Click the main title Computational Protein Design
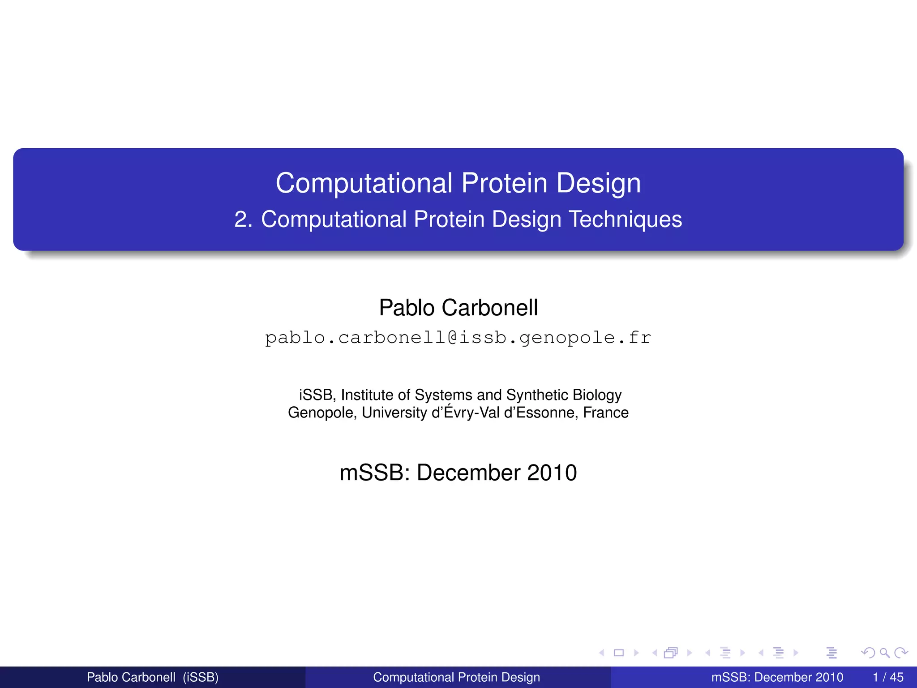pyautogui.click(x=458, y=183)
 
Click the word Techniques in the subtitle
pyautogui.click(x=625, y=219)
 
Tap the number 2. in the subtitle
pyautogui.click(x=243, y=219)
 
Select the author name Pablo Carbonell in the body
pyautogui.click(x=458, y=308)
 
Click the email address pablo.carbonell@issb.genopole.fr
pyautogui.click(x=458, y=338)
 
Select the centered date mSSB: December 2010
pyautogui.click(x=458, y=473)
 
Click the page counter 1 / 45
pyautogui.click(x=888, y=677)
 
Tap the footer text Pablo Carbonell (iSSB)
pyautogui.click(x=152, y=677)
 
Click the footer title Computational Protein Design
pyautogui.click(x=456, y=677)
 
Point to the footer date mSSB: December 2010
pyautogui.click(x=777, y=677)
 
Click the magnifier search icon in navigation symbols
pyautogui.click(x=884, y=653)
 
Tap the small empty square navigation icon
pyautogui.click(x=619, y=653)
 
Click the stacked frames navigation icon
pyautogui.click(x=671, y=653)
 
